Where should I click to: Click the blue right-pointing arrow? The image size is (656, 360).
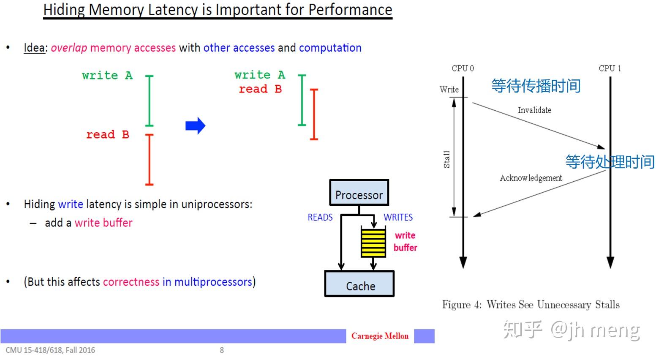(195, 125)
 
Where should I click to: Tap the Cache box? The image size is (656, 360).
(359, 284)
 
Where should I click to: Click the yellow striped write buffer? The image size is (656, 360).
(373, 243)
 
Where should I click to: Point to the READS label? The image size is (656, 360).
(320, 217)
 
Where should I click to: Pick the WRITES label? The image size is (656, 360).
(398, 217)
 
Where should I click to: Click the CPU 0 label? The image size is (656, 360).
(463, 68)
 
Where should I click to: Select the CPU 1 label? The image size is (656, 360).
(610, 68)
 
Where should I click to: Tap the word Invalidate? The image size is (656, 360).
(534, 110)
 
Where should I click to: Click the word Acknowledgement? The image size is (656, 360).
(531, 178)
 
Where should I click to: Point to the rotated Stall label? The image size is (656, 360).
(446, 159)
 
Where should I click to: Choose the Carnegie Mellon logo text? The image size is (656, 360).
(380, 336)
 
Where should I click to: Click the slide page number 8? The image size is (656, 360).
(222, 350)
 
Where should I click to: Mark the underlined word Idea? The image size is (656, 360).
(34, 48)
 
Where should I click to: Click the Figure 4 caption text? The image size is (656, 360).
(531, 305)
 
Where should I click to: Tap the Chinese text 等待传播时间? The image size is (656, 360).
(536, 86)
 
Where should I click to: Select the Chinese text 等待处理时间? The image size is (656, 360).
(610, 161)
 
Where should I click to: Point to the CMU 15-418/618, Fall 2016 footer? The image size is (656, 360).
(50, 350)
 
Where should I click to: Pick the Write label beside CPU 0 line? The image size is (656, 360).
(449, 90)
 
